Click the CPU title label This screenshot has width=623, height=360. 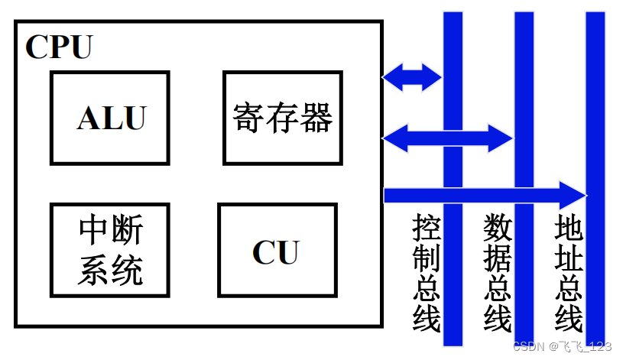tap(59, 47)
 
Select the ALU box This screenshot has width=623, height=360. tap(110, 118)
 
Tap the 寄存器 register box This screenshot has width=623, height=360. tap(282, 118)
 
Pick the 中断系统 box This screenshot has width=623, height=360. tap(110, 249)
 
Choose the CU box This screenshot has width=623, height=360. tap(277, 250)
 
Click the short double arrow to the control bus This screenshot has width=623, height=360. tap(412, 76)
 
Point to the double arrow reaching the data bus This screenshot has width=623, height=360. tap(447, 138)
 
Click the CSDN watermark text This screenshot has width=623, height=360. tap(562, 346)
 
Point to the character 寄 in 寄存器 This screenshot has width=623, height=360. tap(248, 118)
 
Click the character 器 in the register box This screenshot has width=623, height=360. tap(316, 118)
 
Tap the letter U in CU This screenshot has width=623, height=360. tap(287, 251)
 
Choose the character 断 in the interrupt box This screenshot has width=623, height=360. tap(127, 229)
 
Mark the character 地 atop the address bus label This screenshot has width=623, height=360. tap(569, 228)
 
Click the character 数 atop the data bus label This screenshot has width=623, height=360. tap(498, 228)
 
